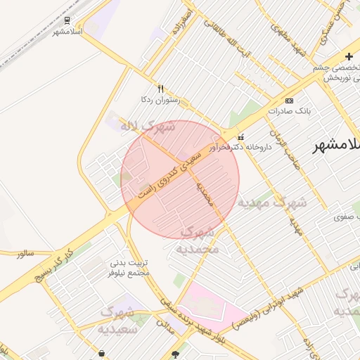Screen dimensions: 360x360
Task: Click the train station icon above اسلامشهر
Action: tap(67, 21)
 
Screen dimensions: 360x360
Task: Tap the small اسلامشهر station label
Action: tap(67, 32)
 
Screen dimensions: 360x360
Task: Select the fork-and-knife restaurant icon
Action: tap(160, 89)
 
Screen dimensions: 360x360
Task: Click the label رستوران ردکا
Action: tap(160, 100)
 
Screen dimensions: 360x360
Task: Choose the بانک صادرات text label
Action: tap(289, 111)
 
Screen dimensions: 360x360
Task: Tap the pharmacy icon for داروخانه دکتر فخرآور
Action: tap(241, 136)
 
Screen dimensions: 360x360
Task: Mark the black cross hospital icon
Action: tap(349, 56)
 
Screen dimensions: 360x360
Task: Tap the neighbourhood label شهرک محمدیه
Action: tap(198, 240)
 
